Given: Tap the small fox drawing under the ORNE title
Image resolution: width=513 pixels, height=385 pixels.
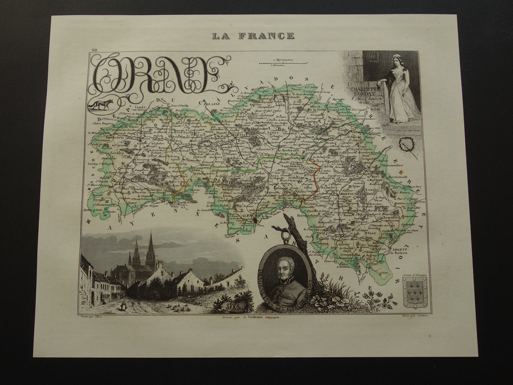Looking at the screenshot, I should tap(101, 104).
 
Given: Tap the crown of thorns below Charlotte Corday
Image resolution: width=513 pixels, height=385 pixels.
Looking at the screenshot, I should tap(407, 144).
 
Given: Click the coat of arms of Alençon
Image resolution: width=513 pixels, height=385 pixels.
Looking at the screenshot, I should tap(415, 293).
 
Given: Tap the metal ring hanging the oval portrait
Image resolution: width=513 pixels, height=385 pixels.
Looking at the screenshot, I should tap(285, 235).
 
